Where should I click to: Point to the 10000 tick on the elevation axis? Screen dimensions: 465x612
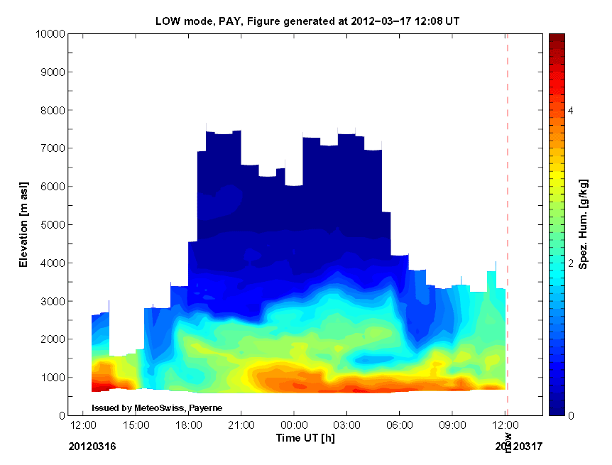pos(50,34)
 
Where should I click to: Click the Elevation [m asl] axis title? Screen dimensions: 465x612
pos(24,224)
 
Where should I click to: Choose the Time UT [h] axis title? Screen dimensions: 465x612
pos(305,438)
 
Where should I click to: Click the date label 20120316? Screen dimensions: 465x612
pos(92,447)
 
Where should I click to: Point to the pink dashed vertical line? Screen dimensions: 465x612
pos(507,213)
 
